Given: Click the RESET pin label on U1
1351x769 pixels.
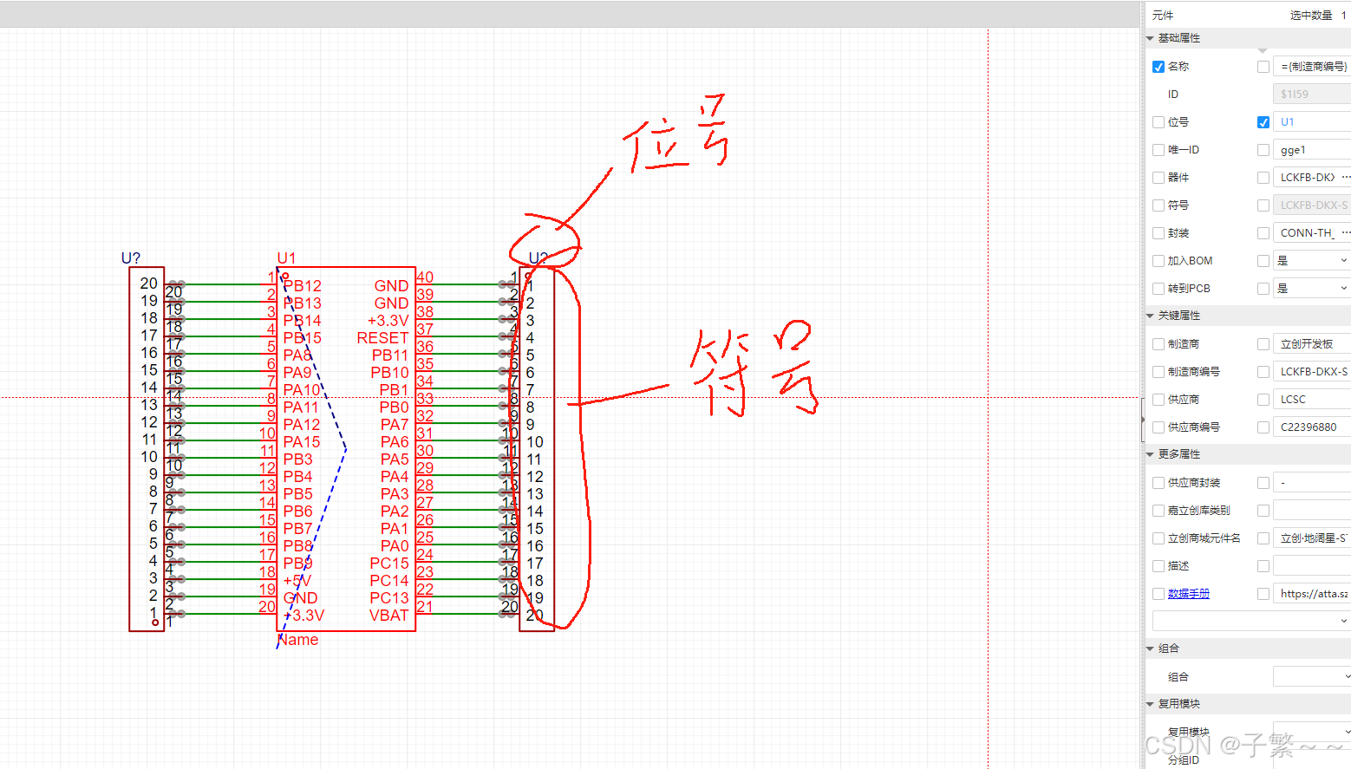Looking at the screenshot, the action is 382,338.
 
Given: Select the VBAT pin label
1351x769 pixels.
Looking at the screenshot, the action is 388,616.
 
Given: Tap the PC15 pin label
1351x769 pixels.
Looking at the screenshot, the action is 388,564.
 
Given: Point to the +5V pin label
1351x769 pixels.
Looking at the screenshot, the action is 297,581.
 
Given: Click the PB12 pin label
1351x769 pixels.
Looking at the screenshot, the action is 302,286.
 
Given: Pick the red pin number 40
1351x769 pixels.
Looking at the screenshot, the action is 425,277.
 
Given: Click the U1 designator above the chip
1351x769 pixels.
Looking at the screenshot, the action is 286,258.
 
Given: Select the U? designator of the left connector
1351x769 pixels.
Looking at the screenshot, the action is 131,258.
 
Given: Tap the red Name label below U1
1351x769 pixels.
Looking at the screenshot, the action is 298,640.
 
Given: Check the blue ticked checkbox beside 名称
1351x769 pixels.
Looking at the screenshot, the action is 1158,67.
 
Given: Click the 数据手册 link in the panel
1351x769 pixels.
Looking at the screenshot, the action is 1188,594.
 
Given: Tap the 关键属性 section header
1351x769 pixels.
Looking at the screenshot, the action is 1178,316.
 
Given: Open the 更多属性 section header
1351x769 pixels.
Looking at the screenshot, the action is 1178,454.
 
